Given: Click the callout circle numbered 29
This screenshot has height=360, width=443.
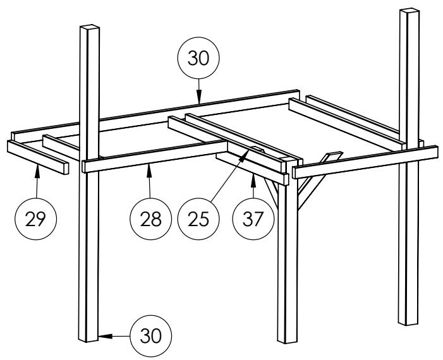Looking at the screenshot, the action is [35, 219].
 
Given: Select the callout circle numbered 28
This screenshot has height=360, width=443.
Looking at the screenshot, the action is [150, 219].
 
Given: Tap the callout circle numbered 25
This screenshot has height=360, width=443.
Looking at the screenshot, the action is [198, 219].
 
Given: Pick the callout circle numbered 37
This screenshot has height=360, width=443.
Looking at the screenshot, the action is [253, 219].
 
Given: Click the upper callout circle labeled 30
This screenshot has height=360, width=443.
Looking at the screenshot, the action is [198, 58].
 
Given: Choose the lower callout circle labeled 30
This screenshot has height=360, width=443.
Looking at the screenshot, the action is [150, 336].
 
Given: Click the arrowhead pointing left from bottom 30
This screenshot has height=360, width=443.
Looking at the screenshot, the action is [105, 336].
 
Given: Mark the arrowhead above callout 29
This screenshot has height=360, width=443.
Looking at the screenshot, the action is [37, 172].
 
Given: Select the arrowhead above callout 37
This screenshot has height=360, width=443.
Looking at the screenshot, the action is [253, 181].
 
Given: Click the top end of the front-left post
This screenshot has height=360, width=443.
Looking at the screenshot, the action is [90, 27].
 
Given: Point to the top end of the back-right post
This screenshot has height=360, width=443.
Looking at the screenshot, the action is [410, 11].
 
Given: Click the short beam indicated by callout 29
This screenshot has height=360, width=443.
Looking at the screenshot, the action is [38, 157].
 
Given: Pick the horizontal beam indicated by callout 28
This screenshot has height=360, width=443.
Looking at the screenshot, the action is [155, 157].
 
